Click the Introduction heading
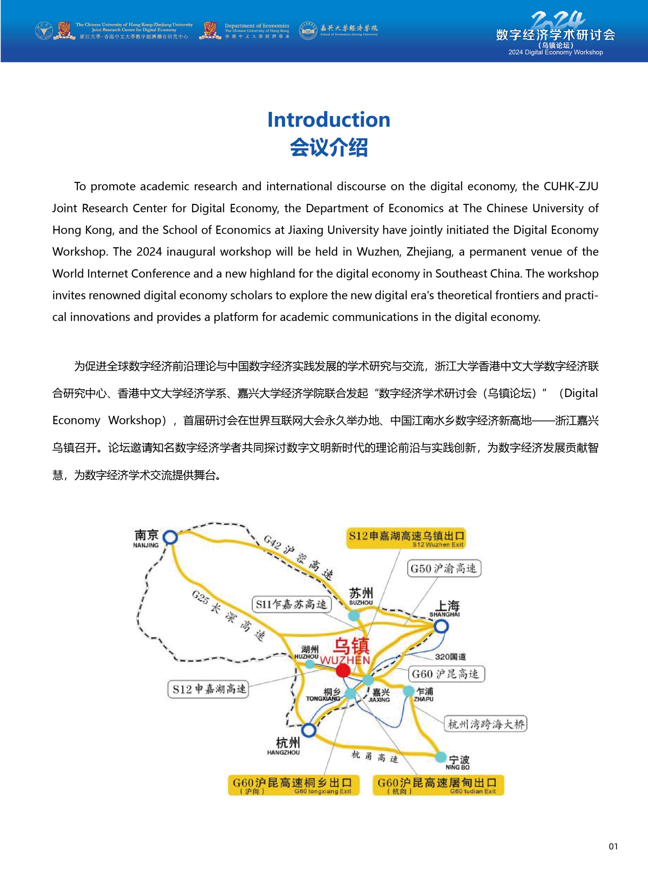click(x=329, y=120)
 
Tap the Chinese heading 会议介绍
click(x=329, y=148)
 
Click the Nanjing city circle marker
click(x=170, y=537)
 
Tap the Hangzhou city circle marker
click(x=309, y=730)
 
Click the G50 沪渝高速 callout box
click(x=444, y=569)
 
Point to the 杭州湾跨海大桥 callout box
click(x=486, y=724)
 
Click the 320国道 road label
click(x=450, y=657)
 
